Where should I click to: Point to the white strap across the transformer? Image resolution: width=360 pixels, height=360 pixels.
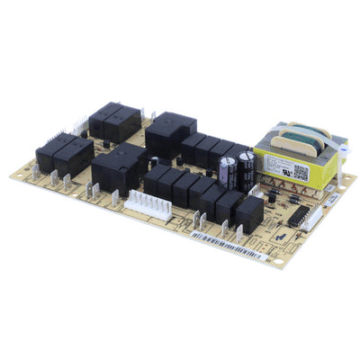tap(316, 144)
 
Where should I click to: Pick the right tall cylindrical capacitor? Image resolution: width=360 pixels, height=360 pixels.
tap(245, 166)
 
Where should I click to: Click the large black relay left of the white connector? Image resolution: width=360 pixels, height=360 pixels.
tap(118, 168)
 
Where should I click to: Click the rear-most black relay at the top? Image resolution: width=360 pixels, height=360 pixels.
tap(115, 119)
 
